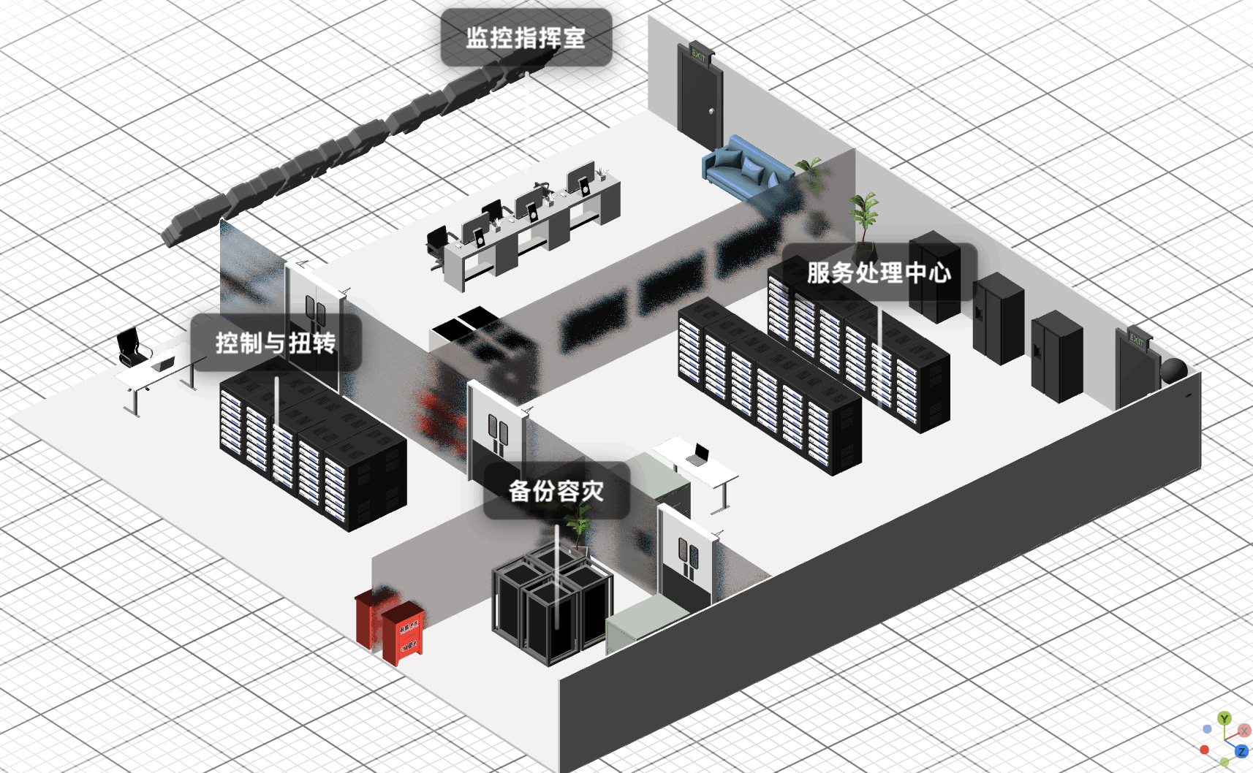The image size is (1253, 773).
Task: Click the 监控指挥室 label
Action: [526, 38]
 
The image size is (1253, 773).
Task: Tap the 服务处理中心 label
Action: [879, 273]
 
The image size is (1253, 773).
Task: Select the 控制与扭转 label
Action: [276, 343]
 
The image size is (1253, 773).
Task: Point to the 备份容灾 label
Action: [556, 491]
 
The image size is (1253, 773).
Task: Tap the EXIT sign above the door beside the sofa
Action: [700, 56]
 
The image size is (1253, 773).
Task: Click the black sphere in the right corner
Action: [1173, 370]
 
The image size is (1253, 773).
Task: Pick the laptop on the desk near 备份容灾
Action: [699, 456]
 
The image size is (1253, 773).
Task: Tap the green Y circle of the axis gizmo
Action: [1224, 719]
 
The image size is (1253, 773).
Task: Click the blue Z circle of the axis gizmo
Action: [1241, 752]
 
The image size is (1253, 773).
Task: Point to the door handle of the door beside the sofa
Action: [712, 111]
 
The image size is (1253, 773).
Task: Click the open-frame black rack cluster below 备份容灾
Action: [553, 606]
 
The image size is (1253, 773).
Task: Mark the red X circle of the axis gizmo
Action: [1243, 731]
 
